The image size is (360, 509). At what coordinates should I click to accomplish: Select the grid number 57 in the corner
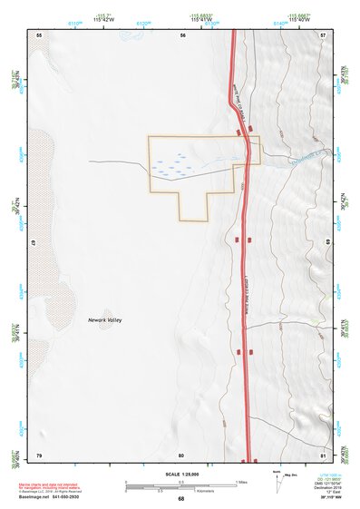323,34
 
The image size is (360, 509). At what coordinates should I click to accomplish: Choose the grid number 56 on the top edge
182,34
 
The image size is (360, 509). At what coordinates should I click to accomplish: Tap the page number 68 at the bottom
180,498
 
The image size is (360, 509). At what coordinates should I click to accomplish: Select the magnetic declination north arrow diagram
280,478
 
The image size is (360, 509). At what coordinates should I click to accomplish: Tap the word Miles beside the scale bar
241,481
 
